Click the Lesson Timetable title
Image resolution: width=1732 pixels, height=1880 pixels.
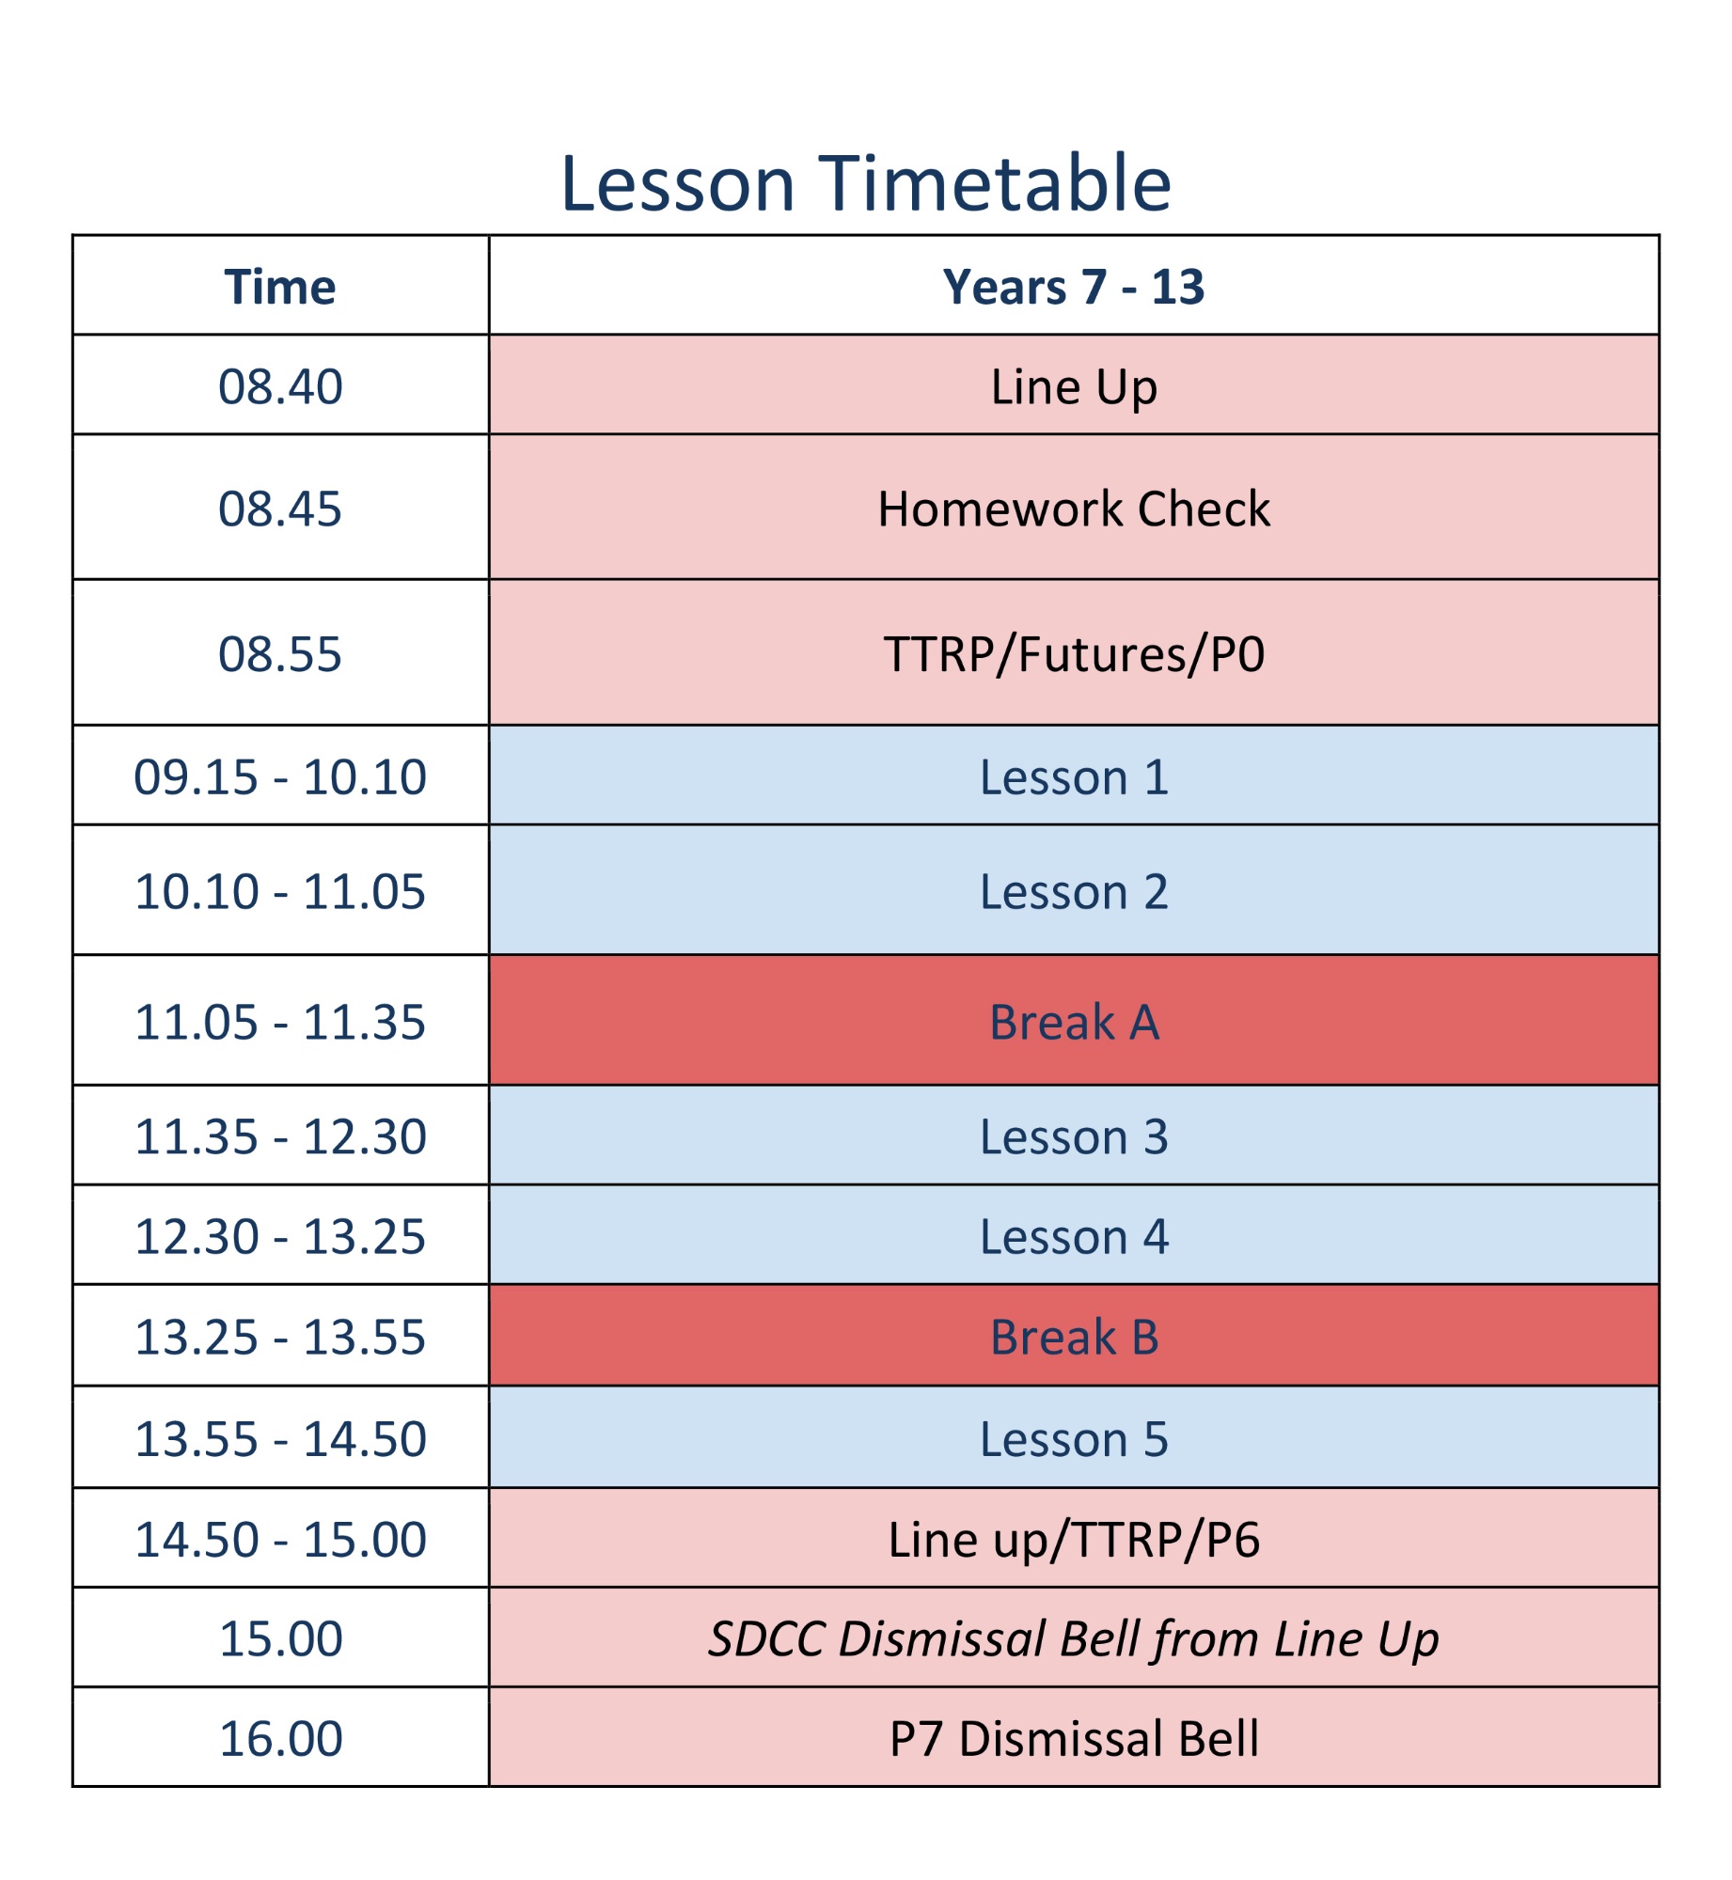[865, 182]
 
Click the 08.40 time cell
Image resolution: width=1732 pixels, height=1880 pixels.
[280, 385]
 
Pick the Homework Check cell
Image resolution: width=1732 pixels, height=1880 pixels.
[1074, 508]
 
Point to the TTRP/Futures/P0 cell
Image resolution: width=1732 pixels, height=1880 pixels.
[1074, 653]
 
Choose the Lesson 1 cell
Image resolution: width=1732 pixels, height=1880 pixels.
[1074, 776]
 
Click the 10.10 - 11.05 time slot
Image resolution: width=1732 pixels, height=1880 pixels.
[280, 891]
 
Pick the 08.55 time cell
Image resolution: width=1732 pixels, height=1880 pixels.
[280, 653]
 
